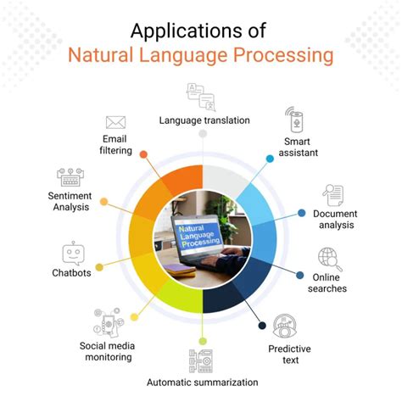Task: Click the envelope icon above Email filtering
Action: pyautogui.click(x=116, y=124)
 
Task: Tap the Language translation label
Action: pyautogui.click(x=204, y=120)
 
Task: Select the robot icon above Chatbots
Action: pyautogui.click(x=71, y=254)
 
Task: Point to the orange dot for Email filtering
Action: pyautogui.click(x=143, y=155)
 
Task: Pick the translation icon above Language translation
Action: pyautogui.click(x=201, y=96)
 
